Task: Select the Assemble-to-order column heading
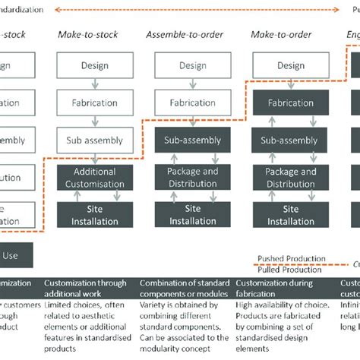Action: (183, 35)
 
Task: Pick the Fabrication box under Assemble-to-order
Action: (192, 102)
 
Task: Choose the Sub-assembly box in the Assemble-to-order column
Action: (192, 140)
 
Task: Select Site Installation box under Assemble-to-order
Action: (192, 215)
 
